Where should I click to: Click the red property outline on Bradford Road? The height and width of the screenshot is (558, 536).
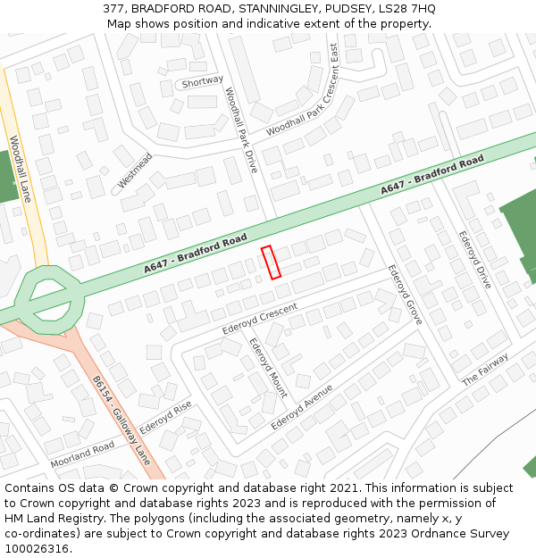271,262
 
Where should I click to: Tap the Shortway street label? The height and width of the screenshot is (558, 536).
202,81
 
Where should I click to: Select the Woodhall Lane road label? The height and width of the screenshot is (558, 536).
20,168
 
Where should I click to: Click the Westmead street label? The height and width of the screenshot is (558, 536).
135,171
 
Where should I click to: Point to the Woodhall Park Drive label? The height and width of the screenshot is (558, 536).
241,129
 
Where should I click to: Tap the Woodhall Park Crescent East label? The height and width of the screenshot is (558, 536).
303,90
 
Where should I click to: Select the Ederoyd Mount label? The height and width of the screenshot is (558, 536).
268,367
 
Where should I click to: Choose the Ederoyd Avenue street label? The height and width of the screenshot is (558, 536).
302,406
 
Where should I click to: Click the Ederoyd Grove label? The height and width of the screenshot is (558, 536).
405,294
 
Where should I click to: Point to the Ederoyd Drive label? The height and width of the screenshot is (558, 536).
474,260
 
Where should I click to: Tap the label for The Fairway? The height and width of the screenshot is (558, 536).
485,370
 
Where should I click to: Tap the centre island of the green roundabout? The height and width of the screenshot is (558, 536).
50,297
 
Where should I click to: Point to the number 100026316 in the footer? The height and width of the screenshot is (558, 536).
37,549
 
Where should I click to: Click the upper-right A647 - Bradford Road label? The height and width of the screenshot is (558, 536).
432,175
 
